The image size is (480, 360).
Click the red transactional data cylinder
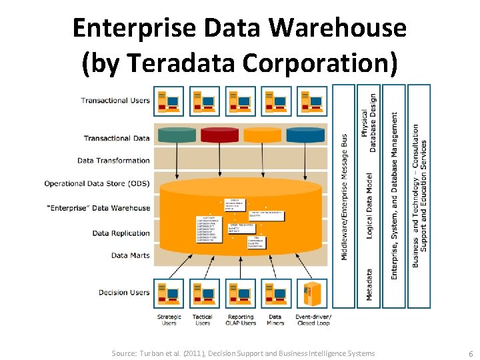coord(219,135)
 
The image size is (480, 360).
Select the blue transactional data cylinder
coord(305,135)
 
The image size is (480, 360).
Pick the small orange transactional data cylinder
coord(263,135)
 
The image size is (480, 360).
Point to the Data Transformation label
coord(113,161)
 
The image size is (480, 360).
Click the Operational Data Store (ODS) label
coord(97,183)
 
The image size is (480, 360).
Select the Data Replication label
coord(121,233)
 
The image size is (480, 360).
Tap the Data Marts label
coord(131,255)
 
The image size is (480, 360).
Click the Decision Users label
coord(124,293)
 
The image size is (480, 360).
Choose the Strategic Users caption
coord(169,320)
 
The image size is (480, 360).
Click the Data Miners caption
coord(275,320)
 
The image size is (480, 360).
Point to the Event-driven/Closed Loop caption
coord(313,320)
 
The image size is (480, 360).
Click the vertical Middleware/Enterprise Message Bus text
coord(344,197)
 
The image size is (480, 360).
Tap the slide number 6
coord(471,353)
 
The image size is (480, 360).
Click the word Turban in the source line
coord(153,353)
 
